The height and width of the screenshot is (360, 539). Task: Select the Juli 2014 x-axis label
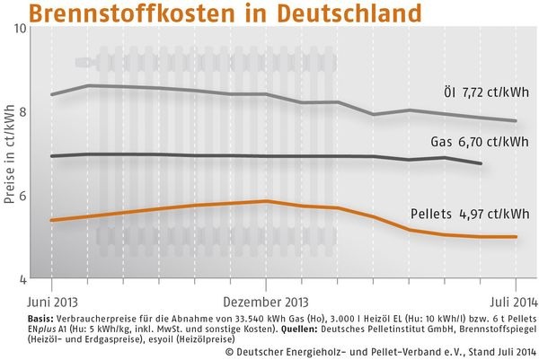(492, 302)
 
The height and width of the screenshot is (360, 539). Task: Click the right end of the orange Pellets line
(517, 237)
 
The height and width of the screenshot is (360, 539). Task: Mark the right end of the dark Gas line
(482, 163)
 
